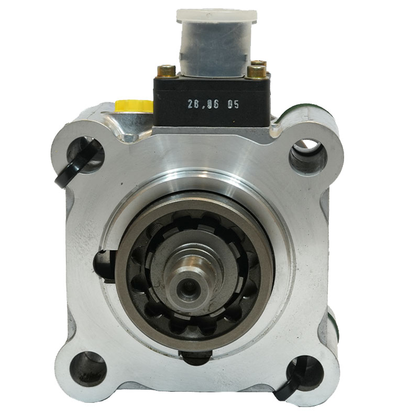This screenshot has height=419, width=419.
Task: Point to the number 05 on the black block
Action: (233, 104)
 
